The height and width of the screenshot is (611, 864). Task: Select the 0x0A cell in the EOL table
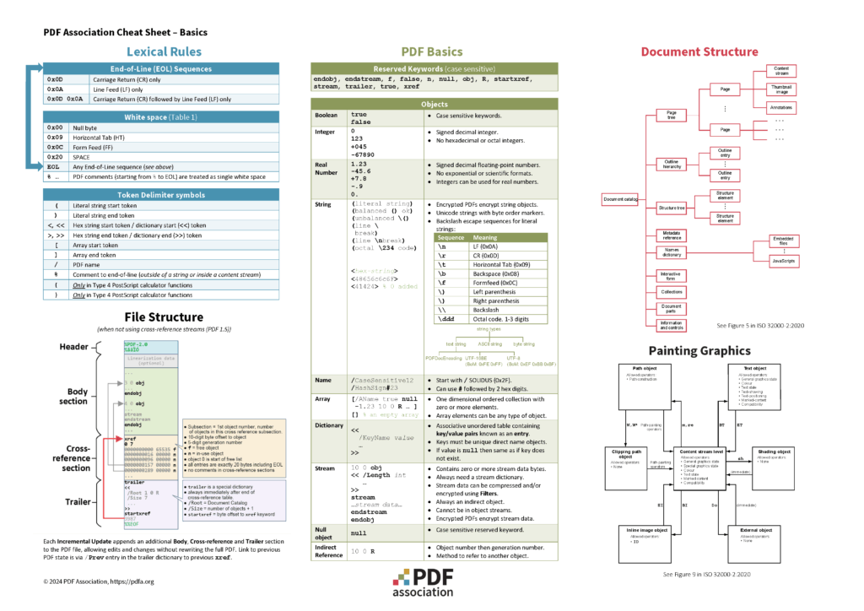(x=56, y=89)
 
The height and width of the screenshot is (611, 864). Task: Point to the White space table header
(x=161, y=116)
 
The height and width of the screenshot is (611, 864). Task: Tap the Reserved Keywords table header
(x=435, y=68)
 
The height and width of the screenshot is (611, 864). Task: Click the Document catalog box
(x=619, y=199)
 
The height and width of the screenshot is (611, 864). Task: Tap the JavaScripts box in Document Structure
(x=784, y=262)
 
